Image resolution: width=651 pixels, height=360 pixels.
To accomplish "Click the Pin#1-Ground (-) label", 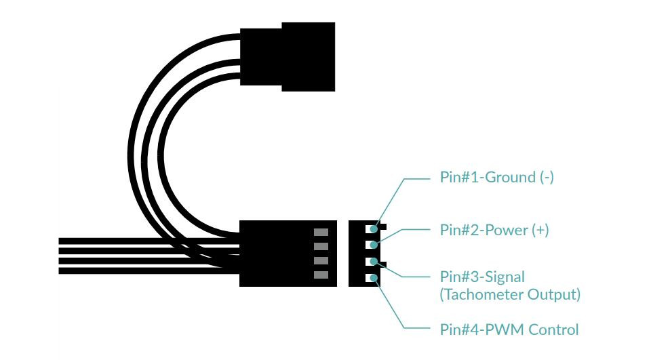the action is click(x=496, y=178).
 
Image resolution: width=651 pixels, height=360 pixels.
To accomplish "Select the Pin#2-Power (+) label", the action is click(x=494, y=230).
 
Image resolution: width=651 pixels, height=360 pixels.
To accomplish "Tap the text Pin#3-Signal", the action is click(x=482, y=277).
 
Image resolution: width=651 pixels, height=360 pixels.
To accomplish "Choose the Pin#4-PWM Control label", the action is click(x=509, y=329).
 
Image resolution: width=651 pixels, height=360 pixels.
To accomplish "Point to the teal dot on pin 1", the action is click(x=374, y=228).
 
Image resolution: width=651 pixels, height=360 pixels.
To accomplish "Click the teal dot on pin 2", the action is click(x=374, y=245).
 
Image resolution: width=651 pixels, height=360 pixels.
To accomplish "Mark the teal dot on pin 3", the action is click(x=374, y=262).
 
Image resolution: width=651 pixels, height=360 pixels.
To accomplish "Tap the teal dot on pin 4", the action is click(x=374, y=278).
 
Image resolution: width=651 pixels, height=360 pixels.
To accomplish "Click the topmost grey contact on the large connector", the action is click(x=321, y=232).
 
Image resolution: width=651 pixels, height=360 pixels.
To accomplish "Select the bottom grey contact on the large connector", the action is click(x=321, y=275).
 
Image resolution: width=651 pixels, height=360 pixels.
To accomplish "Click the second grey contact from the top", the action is click(x=321, y=247).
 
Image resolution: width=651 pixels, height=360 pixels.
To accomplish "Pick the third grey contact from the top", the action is click(x=321, y=261).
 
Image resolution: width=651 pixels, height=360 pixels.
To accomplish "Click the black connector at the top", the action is click(x=288, y=57).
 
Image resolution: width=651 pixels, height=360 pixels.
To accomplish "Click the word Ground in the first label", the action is click(x=510, y=178).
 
